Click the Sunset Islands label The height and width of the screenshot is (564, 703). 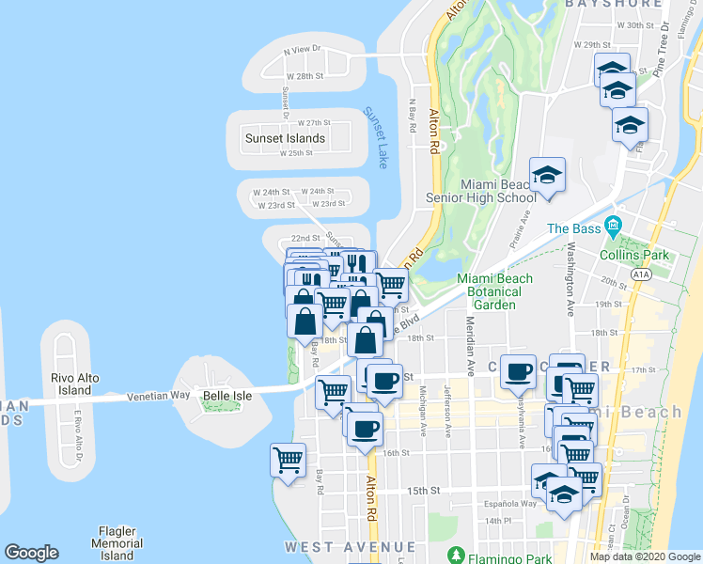click(x=285, y=138)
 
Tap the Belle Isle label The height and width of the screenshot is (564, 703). click(x=227, y=396)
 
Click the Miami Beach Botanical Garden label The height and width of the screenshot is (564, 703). click(x=494, y=291)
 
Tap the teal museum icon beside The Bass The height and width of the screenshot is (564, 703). click(x=615, y=226)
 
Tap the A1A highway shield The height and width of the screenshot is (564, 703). click(x=641, y=274)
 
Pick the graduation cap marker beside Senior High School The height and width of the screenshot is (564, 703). click(x=547, y=175)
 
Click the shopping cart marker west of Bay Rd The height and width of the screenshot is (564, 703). click(x=288, y=460)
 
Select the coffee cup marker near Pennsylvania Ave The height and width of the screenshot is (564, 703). click(x=517, y=371)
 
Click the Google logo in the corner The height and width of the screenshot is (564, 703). click(x=31, y=553)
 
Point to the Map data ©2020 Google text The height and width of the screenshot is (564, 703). click(x=645, y=556)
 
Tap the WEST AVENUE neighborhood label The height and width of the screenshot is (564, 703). click(x=350, y=547)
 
